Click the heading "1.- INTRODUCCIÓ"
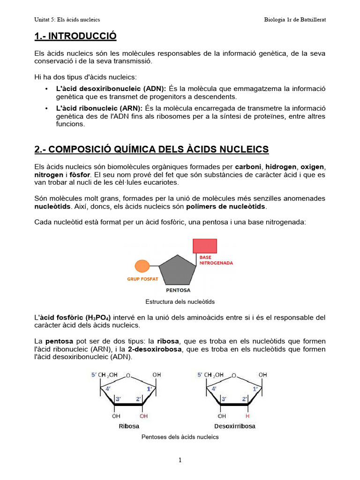pyautogui.click(x=75, y=36)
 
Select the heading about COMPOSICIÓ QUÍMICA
pyautogui.click(x=151, y=150)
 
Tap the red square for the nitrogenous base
pyautogui.click(x=205, y=246)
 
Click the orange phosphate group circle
pyautogui.click(x=142, y=266)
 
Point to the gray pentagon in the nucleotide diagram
pyautogui.click(x=177, y=270)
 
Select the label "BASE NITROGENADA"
pyautogui.click(x=216, y=260)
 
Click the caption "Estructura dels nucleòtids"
pyautogui.click(x=180, y=302)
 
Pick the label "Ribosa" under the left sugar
pyautogui.click(x=128, y=426)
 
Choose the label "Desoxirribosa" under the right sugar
pyautogui.click(x=235, y=426)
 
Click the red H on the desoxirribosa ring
pyautogui.click(x=247, y=416)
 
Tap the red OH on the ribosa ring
pyautogui.click(x=143, y=416)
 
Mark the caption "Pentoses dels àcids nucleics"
pyautogui.click(x=180, y=437)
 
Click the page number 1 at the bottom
pyautogui.click(x=180, y=460)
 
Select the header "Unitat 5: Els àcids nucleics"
pyautogui.click(x=67, y=20)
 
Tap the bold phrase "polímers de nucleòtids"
pyautogui.click(x=225, y=207)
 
